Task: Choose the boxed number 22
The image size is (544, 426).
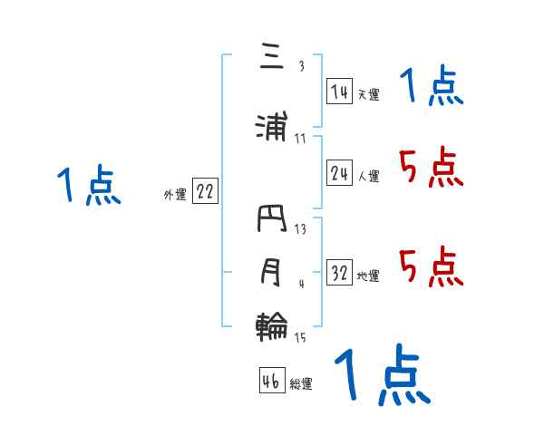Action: tap(205, 192)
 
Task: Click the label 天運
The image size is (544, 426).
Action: tap(369, 93)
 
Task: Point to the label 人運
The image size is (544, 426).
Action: tap(369, 177)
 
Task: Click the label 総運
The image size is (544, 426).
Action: tap(301, 384)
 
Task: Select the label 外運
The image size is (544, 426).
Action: tap(174, 195)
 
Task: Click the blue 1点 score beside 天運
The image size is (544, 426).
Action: tap(432, 88)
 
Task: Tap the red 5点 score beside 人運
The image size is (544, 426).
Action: tap(432, 168)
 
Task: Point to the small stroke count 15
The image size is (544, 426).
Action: tap(300, 338)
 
